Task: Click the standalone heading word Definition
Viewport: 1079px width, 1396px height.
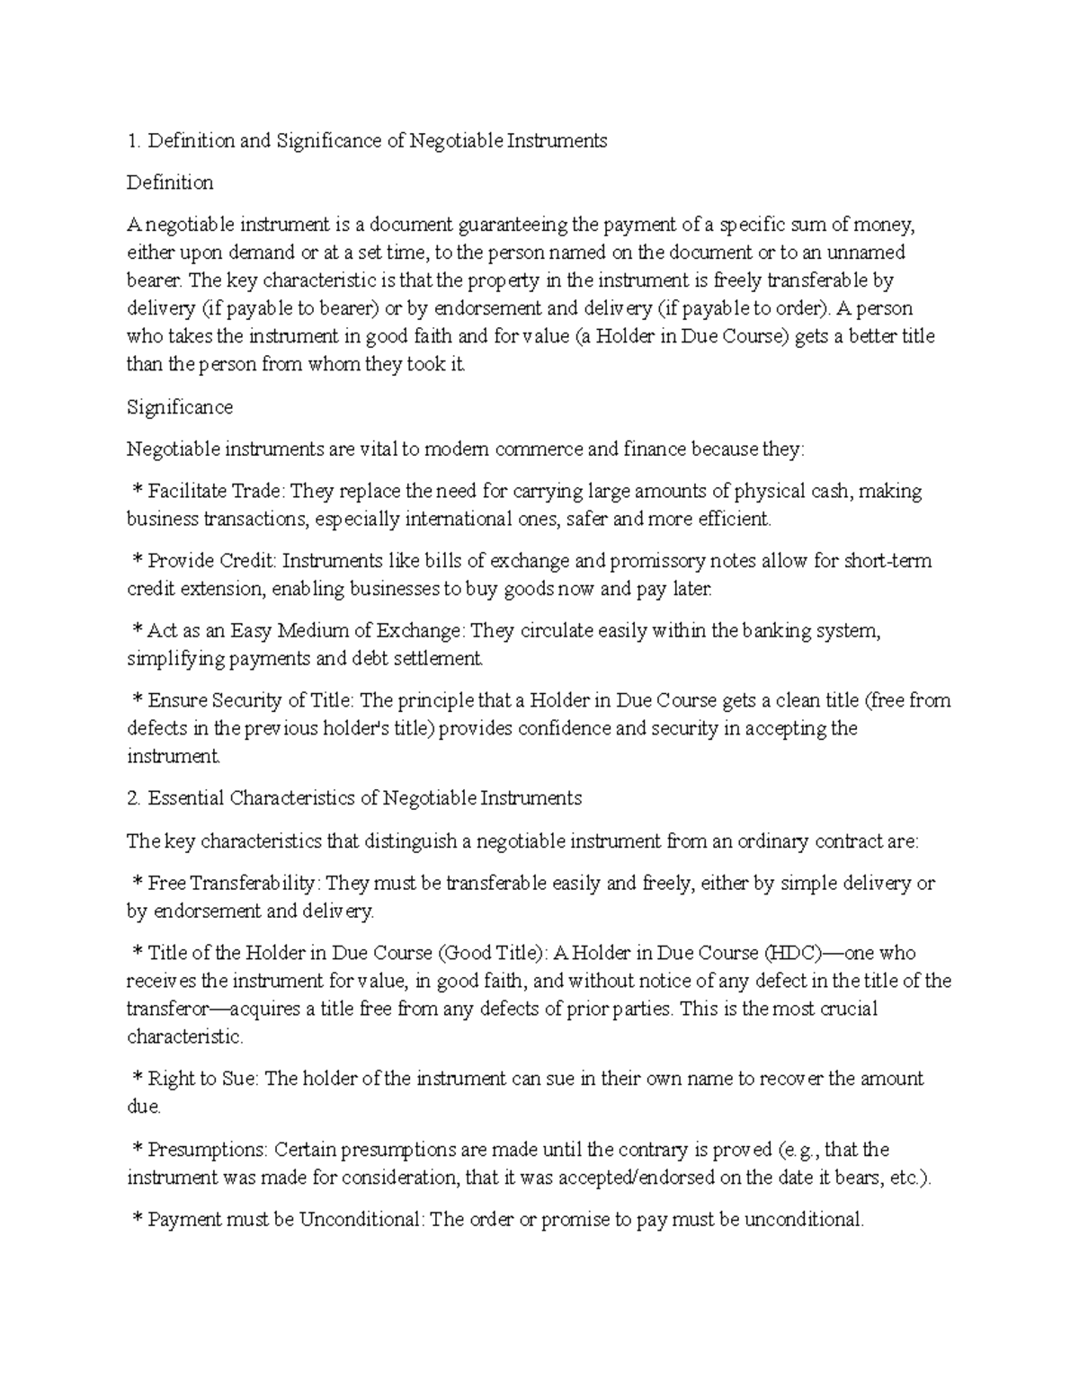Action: tap(170, 182)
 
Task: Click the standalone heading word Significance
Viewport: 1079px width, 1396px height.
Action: tap(180, 407)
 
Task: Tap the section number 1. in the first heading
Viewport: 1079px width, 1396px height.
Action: tap(134, 140)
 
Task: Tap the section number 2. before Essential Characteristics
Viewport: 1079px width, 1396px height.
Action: tap(134, 798)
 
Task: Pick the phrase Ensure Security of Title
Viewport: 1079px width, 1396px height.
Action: tap(250, 701)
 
